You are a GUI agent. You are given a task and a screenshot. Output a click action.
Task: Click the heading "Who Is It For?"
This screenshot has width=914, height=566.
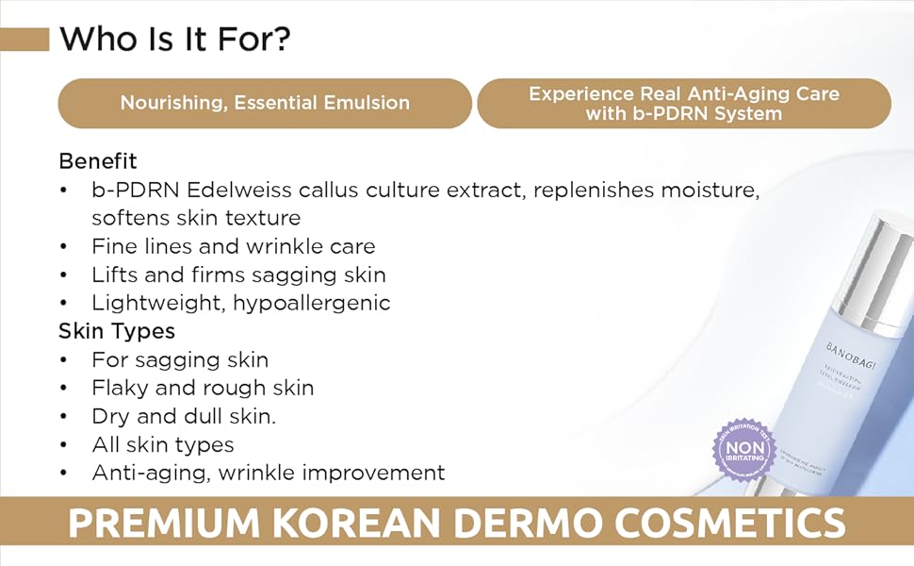click(174, 40)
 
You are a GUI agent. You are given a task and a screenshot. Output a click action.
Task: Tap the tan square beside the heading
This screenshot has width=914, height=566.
click(24, 40)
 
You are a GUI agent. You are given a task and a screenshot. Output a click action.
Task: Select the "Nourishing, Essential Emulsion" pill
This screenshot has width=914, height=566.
click(265, 103)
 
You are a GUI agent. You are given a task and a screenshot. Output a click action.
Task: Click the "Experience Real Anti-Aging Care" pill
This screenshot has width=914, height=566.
click(683, 103)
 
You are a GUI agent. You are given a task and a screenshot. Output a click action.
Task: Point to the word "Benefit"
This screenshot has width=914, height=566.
click(98, 160)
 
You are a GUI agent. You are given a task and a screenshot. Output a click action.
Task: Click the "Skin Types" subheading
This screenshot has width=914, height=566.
click(117, 331)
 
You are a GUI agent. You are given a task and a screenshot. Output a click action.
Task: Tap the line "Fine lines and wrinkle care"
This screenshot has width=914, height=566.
click(233, 246)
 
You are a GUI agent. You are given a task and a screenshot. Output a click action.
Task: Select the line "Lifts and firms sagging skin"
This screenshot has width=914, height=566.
click(238, 275)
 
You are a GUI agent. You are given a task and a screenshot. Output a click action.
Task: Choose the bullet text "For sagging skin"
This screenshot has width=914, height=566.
click(180, 359)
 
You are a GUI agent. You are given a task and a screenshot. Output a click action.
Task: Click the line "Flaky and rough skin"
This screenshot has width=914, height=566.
click(203, 388)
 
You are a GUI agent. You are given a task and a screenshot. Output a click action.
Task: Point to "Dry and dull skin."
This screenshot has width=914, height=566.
click(184, 416)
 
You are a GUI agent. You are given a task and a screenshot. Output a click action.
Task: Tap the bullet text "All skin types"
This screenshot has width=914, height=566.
click(162, 444)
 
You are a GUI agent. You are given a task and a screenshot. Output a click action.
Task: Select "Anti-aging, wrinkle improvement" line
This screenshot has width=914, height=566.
click(268, 473)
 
